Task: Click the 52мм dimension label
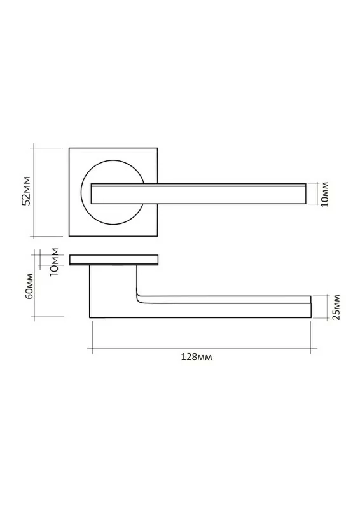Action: point(26,191)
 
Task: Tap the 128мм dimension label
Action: point(197,357)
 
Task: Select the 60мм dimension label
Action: point(29,286)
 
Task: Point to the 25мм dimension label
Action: point(336,307)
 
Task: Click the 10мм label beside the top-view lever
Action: point(324,194)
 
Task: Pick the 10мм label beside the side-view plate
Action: point(54,261)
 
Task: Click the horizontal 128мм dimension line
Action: point(202,349)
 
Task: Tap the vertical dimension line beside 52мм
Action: point(34,192)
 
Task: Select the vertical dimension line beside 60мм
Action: point(34,285)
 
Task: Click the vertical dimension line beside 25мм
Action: point(328,307)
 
